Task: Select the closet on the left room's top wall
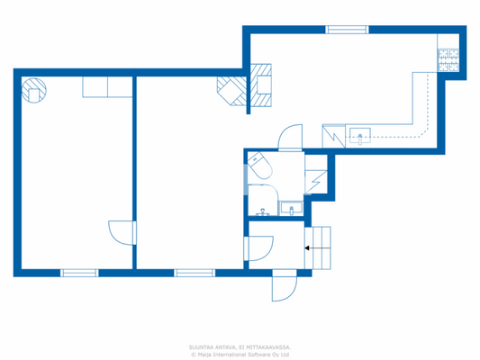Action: pyautogui.click(x=95, y=86)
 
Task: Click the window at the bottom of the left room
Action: pyautogui.click(x=79, y=272)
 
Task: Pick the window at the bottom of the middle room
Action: pyautogui.click(x=194, y=272)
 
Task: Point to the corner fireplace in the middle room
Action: pyautogui.click(x=230, y=90)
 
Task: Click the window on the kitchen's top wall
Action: pyautogui.click(x=347, y=30)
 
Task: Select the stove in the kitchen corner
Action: pyautogui.click(x=448, y=60)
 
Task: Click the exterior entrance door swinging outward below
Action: pyautogui.click(x=281, y=287)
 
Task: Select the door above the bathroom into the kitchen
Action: pyautogui.click(x=291, y=138)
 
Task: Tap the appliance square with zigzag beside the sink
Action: pyautogui.click(x=333, y=137)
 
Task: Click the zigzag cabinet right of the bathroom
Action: pyautogui.click(x=316, y=180)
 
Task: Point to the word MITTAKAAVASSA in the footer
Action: pyautogui.click(x=269, y=346)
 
